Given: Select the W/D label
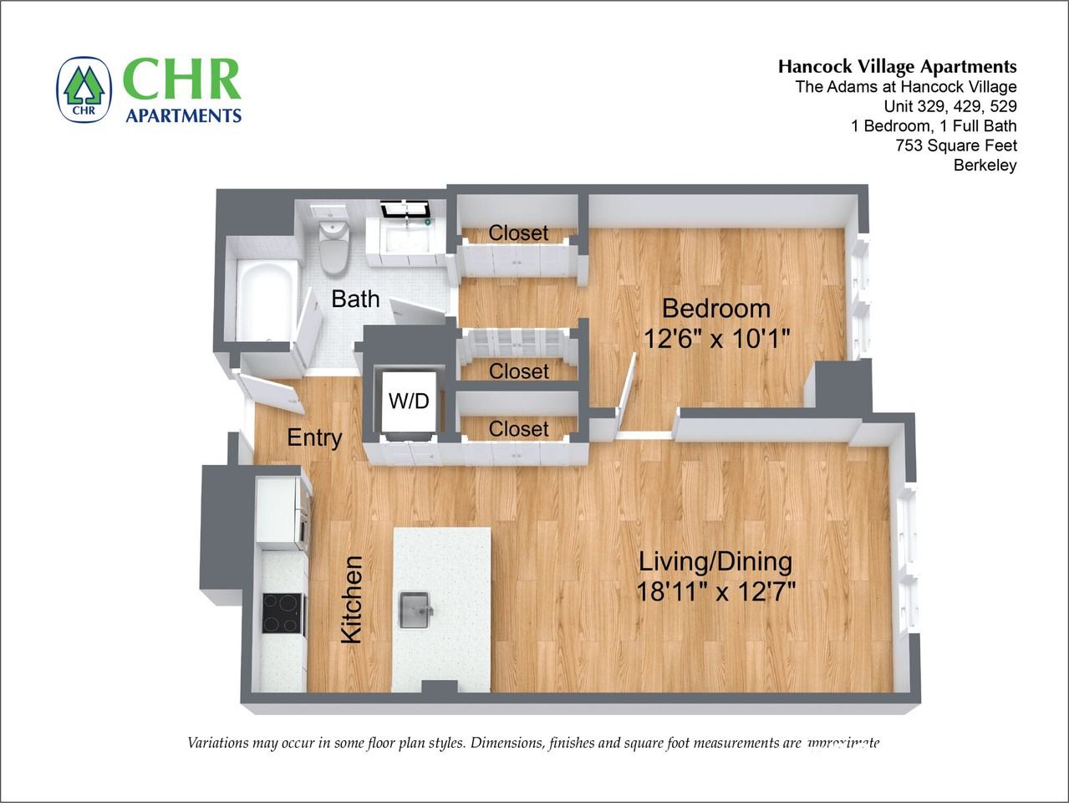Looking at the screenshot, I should point(409,401).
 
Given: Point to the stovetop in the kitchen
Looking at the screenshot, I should point(282,612).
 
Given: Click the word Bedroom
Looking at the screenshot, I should point(715,309).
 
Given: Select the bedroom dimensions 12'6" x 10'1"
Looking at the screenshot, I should point(715,339).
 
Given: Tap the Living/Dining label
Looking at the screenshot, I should point(715,561).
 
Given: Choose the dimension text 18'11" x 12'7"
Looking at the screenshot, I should point(715,592).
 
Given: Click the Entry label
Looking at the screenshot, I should point(314,437).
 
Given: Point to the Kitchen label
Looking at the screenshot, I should point(352,600).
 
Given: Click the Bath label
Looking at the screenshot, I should point(355,299).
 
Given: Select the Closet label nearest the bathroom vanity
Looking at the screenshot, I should point(518,233).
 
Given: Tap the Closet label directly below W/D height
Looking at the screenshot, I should point(518,429).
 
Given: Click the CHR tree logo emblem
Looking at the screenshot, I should point(84,89).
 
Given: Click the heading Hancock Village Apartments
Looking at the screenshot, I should point(897,67).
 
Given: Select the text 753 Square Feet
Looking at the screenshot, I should point(955,146).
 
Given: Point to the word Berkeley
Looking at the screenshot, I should point(985,165).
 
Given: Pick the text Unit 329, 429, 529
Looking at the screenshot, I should point(950,106).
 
